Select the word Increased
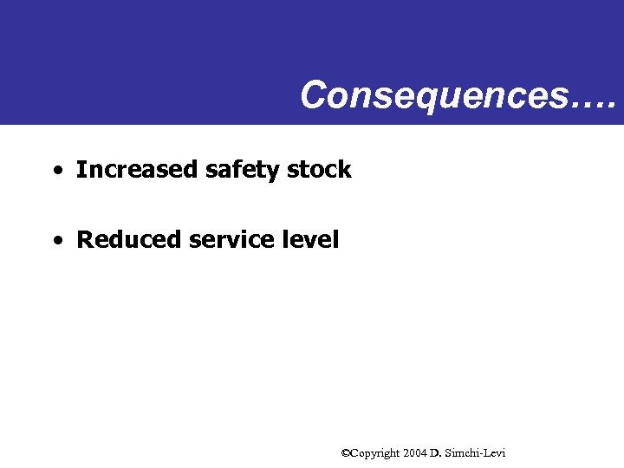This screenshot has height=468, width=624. coord(137,170)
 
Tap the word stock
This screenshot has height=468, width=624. coord(319,170)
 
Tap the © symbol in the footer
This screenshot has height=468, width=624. coord(345,452)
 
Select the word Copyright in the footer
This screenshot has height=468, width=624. coord(375,453)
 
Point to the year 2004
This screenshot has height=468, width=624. coord(415,452)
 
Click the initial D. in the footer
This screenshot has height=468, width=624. coord(435,452)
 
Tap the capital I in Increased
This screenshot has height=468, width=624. coord(81,170)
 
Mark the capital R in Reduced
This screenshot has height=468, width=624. coord(85,239)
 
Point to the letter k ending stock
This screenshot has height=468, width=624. coord(345,170)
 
